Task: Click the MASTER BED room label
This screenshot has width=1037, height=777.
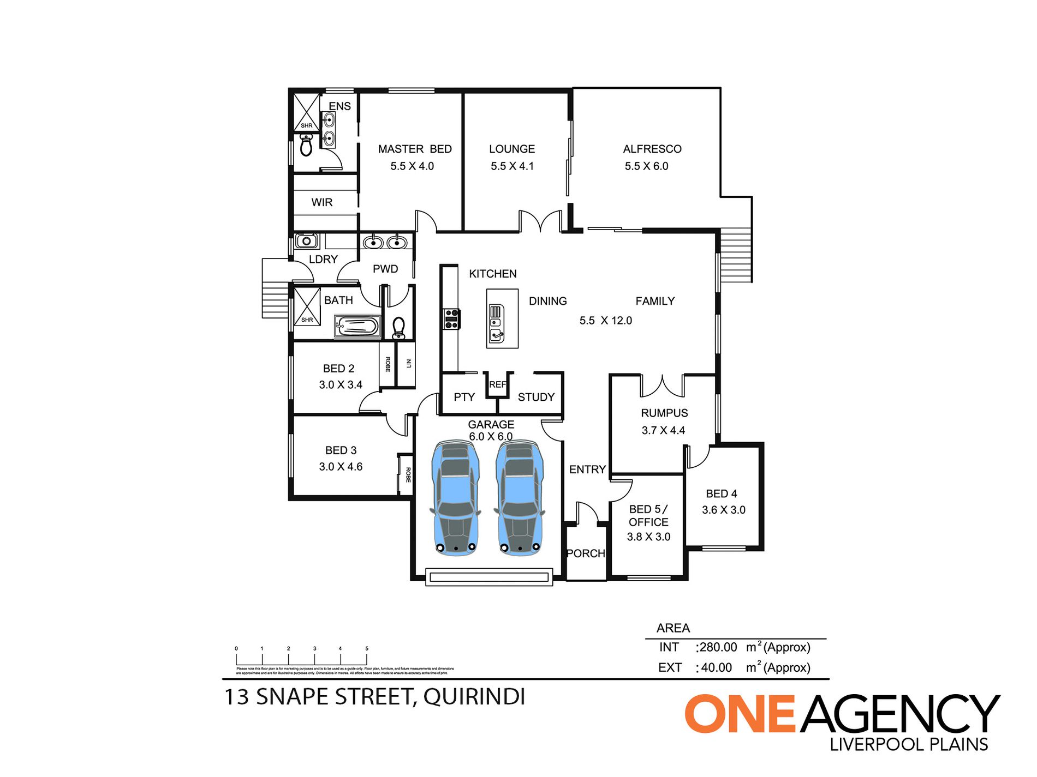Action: coord(415,149)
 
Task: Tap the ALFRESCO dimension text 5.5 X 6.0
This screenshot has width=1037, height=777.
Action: coord(646,166)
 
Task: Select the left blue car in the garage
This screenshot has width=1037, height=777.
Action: coord(456,498)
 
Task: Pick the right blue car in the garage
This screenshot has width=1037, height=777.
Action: coord(519,498)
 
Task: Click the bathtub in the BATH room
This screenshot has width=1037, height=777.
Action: coord(357,327)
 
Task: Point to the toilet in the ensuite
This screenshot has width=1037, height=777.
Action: coord(306,146)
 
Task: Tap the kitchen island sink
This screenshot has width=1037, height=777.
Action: coord(496,327)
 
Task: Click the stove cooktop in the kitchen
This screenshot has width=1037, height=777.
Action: coord(451,318)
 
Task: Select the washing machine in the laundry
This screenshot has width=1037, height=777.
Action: coord(306,240)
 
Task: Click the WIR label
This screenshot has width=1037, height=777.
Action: coord(322,202)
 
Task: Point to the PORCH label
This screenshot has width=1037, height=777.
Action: coord(586,553)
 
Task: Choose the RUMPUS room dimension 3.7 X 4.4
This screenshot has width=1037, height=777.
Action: coord(663,430)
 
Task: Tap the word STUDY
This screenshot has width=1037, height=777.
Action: coord(536,397)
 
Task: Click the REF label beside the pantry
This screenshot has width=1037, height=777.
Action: coord(497,384)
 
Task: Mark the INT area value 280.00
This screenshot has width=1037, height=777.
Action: coord(718,647)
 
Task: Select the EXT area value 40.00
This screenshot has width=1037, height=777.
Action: coord(716,667)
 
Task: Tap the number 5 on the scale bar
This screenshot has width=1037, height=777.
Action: coord(367,648)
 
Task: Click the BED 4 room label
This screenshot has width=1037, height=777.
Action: coord(721,493)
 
